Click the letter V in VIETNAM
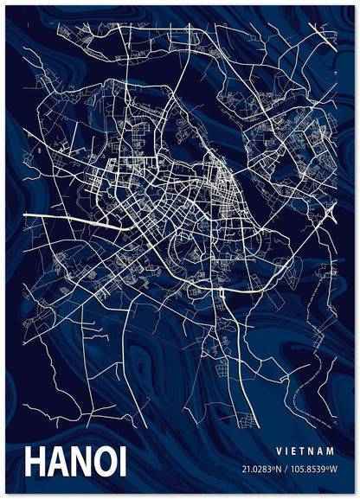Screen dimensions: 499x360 [x=279, y=451]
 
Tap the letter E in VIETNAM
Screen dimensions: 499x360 [x=297, y=451]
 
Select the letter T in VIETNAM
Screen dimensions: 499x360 [x=306, y=451]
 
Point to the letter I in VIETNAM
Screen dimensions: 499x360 [x=288, y=451]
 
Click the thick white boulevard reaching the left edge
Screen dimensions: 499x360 [x=52, y=214]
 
